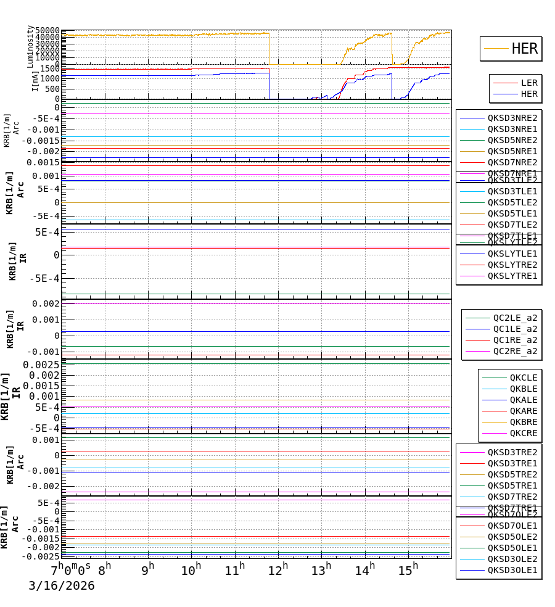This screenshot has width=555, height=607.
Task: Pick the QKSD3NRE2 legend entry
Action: click(512, 118)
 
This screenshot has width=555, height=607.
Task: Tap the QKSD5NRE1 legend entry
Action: click(512, 151)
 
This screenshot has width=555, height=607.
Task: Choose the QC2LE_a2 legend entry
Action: click(515, 318)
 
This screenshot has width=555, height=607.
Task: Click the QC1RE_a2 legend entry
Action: click(515, 340)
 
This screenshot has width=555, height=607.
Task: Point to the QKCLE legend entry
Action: click(523, 378)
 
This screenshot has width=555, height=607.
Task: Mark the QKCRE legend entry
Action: click(523, 433)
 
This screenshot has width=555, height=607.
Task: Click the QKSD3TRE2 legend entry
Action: click(512, 452)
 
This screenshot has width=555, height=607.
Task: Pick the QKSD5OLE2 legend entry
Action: click(512, 537)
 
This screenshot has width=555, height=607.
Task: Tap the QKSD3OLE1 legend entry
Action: click(512, 570)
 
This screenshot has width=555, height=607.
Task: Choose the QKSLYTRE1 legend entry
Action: click(512, 276)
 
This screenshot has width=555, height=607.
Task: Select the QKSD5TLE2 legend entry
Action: click(512, 202)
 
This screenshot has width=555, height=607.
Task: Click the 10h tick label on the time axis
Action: click(191, 570)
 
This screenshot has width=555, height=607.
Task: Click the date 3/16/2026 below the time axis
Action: click(62, 586)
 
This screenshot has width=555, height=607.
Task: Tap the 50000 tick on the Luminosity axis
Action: click(47, 31)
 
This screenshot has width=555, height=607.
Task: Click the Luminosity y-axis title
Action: click(30, 46)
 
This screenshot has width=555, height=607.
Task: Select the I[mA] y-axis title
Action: click(35, 81)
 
